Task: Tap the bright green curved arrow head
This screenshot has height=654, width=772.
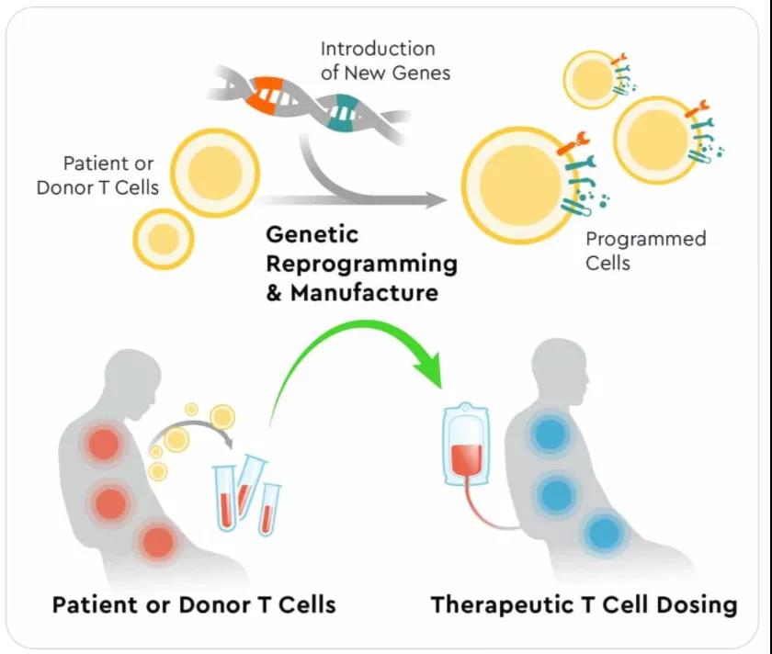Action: click(426, 370)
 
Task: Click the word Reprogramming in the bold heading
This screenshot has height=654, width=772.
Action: click(361, 265)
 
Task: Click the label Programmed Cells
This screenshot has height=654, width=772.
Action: click(645, 250)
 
